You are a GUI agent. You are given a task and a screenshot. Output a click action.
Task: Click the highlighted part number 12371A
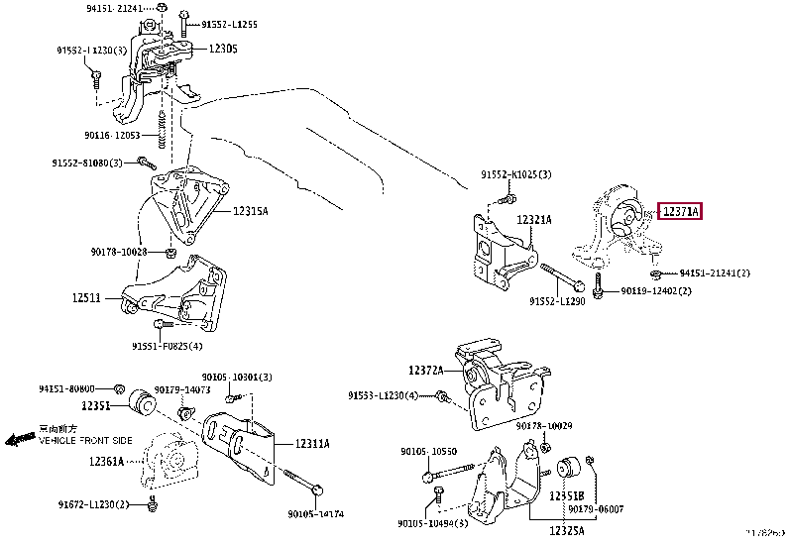pos(680,211)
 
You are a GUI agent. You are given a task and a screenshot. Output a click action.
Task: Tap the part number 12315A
pos(250,211)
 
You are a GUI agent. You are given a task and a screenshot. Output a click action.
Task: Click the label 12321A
pos(533,220)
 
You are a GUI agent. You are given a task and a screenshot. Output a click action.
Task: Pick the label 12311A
pos(310,444)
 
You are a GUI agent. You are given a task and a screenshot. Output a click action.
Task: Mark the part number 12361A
pos(106,461)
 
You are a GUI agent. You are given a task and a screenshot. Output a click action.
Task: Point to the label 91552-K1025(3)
pos(515,174)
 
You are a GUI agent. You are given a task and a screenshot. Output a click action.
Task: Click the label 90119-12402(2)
pos(656,291)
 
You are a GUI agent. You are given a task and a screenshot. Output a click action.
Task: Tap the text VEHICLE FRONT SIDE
pos(85,439)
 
